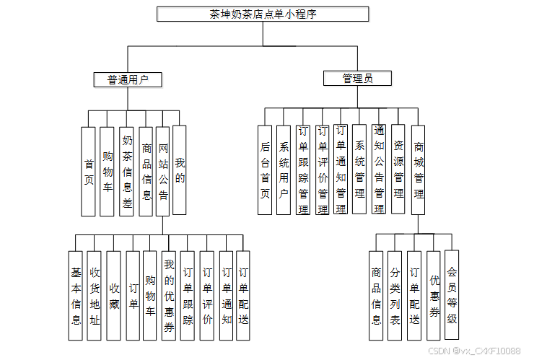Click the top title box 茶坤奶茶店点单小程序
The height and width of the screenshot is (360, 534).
tap(263, 14)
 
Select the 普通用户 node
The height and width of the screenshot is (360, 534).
tap(128, 80)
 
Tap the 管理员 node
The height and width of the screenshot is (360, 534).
tap(357, 79)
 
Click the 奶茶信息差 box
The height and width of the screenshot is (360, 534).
tap(127, 172)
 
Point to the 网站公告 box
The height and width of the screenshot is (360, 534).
tap(163, 172)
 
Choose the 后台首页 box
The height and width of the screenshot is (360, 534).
tap(265, 170)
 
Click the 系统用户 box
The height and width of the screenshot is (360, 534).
tap(284, 170)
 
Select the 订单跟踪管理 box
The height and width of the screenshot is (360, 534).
tap(303, 170)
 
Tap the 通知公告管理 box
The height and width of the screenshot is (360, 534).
tap(379, 170)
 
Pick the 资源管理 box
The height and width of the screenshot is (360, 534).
tap(398, 170)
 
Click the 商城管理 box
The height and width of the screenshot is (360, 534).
tap(419, 170)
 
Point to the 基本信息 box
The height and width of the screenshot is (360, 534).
tap(76, 296)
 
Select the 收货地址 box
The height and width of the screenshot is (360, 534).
tap(95, 296)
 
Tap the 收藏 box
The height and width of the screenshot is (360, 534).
tap(113, 296)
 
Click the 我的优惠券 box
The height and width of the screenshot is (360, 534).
tap(169, 296)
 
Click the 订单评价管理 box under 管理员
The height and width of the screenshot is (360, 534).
tap(323, 170)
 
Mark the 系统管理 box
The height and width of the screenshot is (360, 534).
tap(360, 170)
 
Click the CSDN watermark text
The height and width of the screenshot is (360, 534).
tap(473, 351)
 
